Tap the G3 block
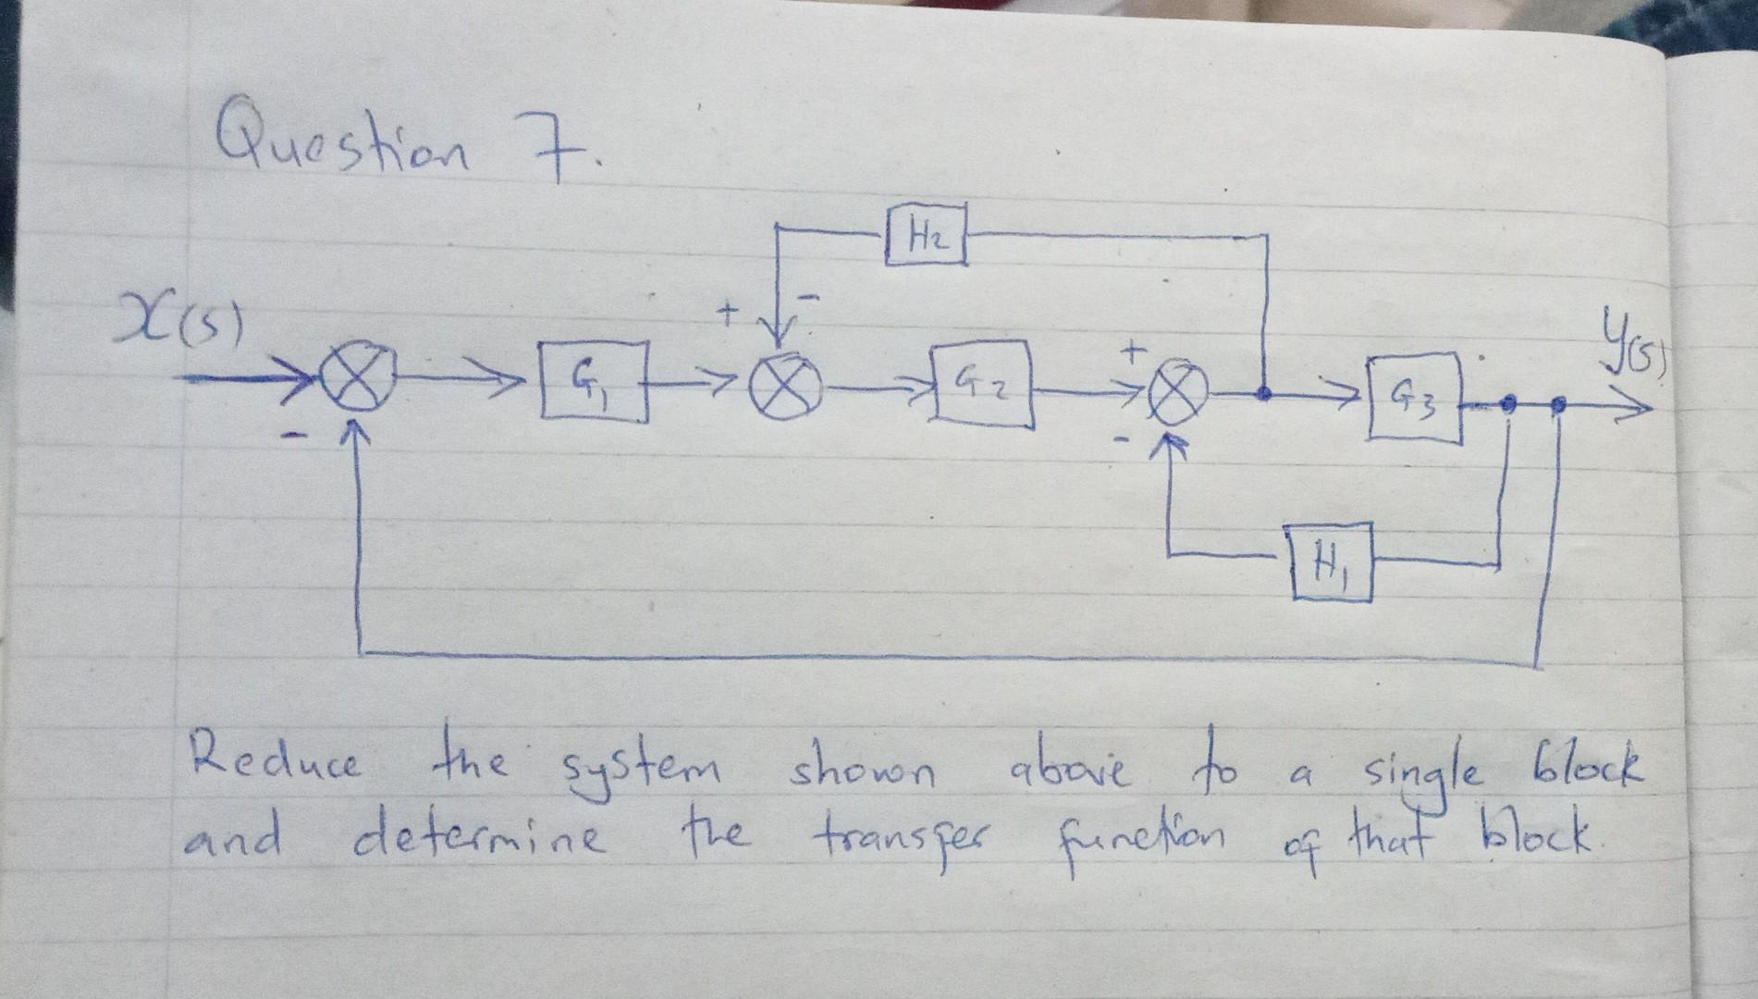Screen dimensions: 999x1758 click(1414, 399)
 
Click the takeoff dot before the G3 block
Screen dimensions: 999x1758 click(1265, 393)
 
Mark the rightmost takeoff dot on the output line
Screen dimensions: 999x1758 click(1559, 404)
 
